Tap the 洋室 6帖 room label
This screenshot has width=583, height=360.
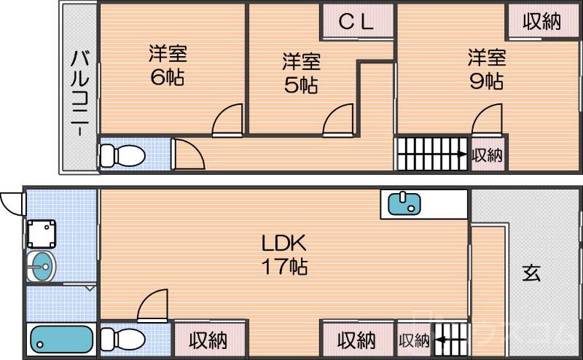[x=168, y=66]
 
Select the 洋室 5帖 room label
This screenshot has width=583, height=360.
[x=300, y=73]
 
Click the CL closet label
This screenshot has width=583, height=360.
[x=357, y=22]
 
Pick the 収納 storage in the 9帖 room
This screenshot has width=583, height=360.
[x=541, y=22]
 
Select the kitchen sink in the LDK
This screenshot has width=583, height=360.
[x=403, y=203]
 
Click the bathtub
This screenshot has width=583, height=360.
[x=62, y=340]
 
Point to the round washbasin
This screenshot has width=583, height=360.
[x=41, y=265]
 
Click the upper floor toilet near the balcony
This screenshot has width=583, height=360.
[x=120, y=154]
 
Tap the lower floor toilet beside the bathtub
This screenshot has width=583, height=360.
[x=120, y=339]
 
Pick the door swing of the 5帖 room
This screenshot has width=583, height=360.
[x=339, y=121]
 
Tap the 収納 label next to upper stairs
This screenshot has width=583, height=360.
[x=488, y=154]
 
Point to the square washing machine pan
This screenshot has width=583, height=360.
[x=42, y=233]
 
